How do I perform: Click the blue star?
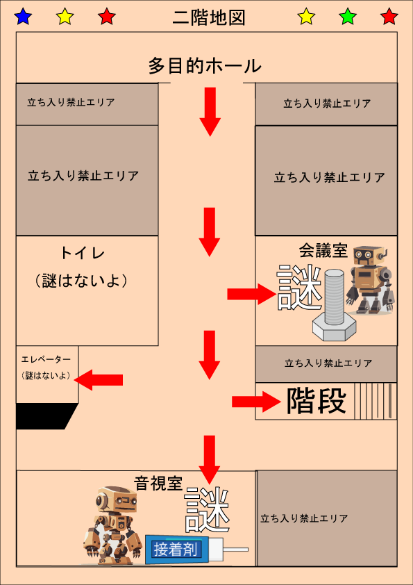point(23,17)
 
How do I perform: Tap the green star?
point(348,17)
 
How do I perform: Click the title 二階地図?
point(209,18)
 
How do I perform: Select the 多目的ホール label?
point(205,66)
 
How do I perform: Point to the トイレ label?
point(83,254)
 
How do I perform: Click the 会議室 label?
point(323,251)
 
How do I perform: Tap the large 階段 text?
point(317,401)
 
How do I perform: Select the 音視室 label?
point(158,484)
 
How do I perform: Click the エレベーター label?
point(46,359)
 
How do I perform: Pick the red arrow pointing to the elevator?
point(99,380)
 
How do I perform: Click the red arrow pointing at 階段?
point(256,402)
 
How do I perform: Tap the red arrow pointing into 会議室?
point(251,295)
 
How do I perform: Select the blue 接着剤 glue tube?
point(196,549)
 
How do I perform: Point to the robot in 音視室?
point(112,525)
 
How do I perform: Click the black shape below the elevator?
point(47,416)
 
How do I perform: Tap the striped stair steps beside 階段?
point(376,401)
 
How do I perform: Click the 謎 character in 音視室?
point(207,511)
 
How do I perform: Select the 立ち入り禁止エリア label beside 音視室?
point(304,518)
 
